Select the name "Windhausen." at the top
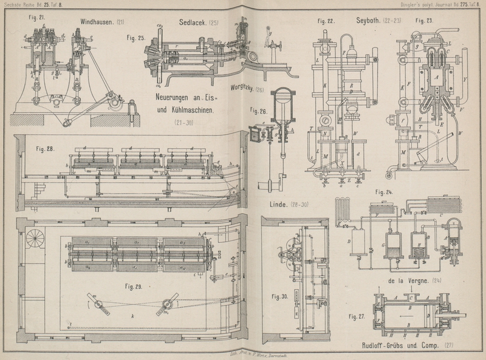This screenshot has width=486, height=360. pyautogui.click(x=97, y=23)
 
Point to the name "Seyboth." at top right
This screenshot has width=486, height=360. pyautogui.click(x=368, y=20)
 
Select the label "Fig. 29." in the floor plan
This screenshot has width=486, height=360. pyautogui.click(x=134, y=286)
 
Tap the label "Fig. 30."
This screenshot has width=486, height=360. pyautogui.click(x=280, y=296)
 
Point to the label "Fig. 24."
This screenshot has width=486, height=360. pyautogui.click(x=383, y=193)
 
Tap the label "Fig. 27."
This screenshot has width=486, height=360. pyautogui.click(x=357, y=316)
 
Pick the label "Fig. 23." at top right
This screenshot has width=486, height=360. pyautogui.click(x=423, y=20)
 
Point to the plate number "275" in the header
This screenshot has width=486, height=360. pyautogui.click(x=449, y=4)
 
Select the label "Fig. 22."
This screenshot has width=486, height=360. pyautogui.click(x=326, y=20)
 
